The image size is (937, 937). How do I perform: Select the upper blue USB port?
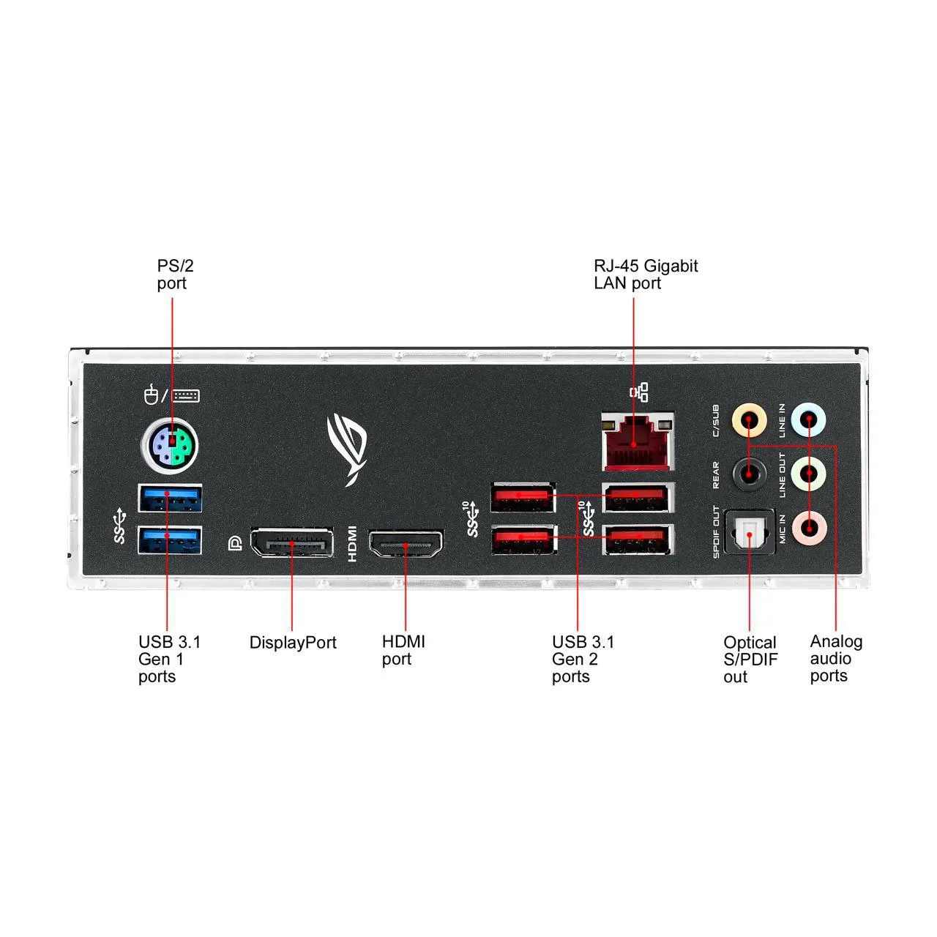tap(170, 499)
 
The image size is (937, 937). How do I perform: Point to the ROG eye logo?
tap(348, 447)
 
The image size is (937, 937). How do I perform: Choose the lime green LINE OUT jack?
tap(808, 473)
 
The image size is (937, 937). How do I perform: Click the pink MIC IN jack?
tap(808, 525)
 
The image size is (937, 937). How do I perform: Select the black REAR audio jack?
tap(750, 473)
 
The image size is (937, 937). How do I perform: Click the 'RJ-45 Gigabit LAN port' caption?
tap(645, 275)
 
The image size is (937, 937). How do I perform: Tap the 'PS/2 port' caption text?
tap(175, 275)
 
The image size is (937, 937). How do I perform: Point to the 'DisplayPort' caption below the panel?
tap(293, 643)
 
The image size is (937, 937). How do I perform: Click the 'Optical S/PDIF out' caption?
tap(750, 660)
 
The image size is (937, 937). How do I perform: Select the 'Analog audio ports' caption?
tap(835, 659)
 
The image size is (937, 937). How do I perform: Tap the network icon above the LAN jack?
tap(638, 392)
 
